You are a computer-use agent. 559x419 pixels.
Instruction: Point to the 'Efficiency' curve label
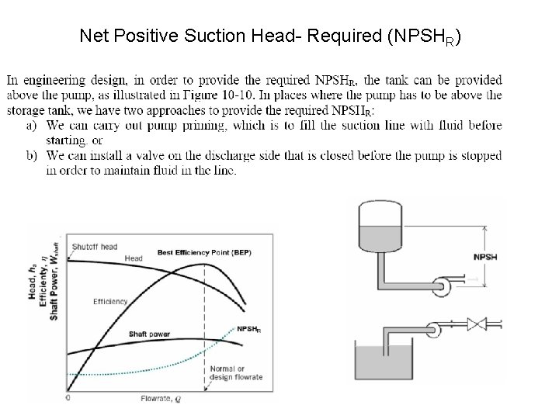(110, 301)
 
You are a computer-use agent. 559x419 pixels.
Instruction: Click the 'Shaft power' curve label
(150, 334)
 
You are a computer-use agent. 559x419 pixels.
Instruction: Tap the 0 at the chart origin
(68, 397)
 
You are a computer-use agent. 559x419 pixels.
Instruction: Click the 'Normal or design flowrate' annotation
(236, 373)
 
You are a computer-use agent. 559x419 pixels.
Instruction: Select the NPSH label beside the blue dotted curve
(248, 328)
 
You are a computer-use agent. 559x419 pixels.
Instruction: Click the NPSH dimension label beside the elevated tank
(484, 257)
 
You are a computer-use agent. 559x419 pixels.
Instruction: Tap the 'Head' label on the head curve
(134, 258)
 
